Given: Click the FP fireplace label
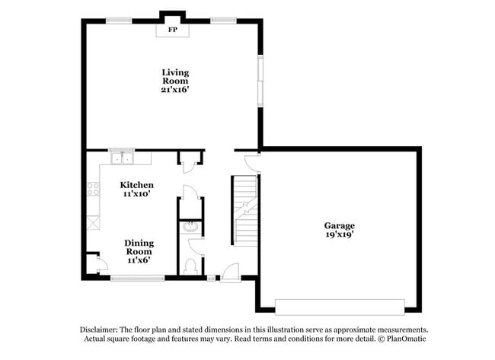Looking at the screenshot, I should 172,30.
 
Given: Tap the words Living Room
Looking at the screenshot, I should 174,76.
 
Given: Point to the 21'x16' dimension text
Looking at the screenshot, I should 174,89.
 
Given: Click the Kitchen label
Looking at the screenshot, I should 137,185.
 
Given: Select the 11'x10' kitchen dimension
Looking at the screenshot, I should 137,194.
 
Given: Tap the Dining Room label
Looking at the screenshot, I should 139,247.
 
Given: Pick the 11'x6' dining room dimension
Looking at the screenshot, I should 139,260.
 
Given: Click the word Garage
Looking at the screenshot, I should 339,225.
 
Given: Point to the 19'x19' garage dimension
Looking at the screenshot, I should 339,234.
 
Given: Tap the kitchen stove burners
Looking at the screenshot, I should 93,188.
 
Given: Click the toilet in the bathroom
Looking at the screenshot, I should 191,266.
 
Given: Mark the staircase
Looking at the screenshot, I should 244,209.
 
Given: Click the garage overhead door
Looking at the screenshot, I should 340,306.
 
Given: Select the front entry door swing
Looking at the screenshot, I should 230,271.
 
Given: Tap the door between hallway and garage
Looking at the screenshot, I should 252,161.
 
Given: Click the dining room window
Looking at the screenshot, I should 138,279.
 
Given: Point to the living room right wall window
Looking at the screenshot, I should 260,81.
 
